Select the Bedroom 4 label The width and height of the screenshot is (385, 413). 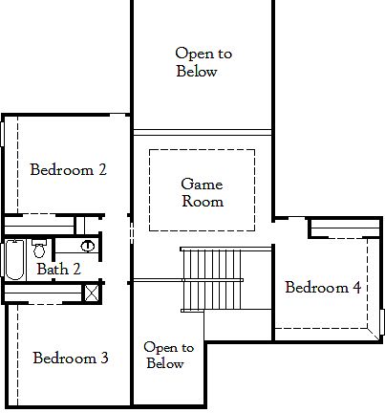point(322,287)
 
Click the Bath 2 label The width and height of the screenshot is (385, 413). point(58,270)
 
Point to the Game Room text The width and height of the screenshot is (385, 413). point(203,192)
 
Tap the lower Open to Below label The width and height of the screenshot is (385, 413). point(168,356)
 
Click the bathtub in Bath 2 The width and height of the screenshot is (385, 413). point(16,260)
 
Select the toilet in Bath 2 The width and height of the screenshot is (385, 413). point(39,250)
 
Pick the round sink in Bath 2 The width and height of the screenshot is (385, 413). point(87,246)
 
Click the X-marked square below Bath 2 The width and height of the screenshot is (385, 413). point(91,293)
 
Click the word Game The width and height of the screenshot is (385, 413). point(203,184)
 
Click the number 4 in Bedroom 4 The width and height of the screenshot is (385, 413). point(356,287)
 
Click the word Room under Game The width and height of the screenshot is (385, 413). point(203,202)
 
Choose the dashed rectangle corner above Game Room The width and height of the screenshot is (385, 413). point(151,151)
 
